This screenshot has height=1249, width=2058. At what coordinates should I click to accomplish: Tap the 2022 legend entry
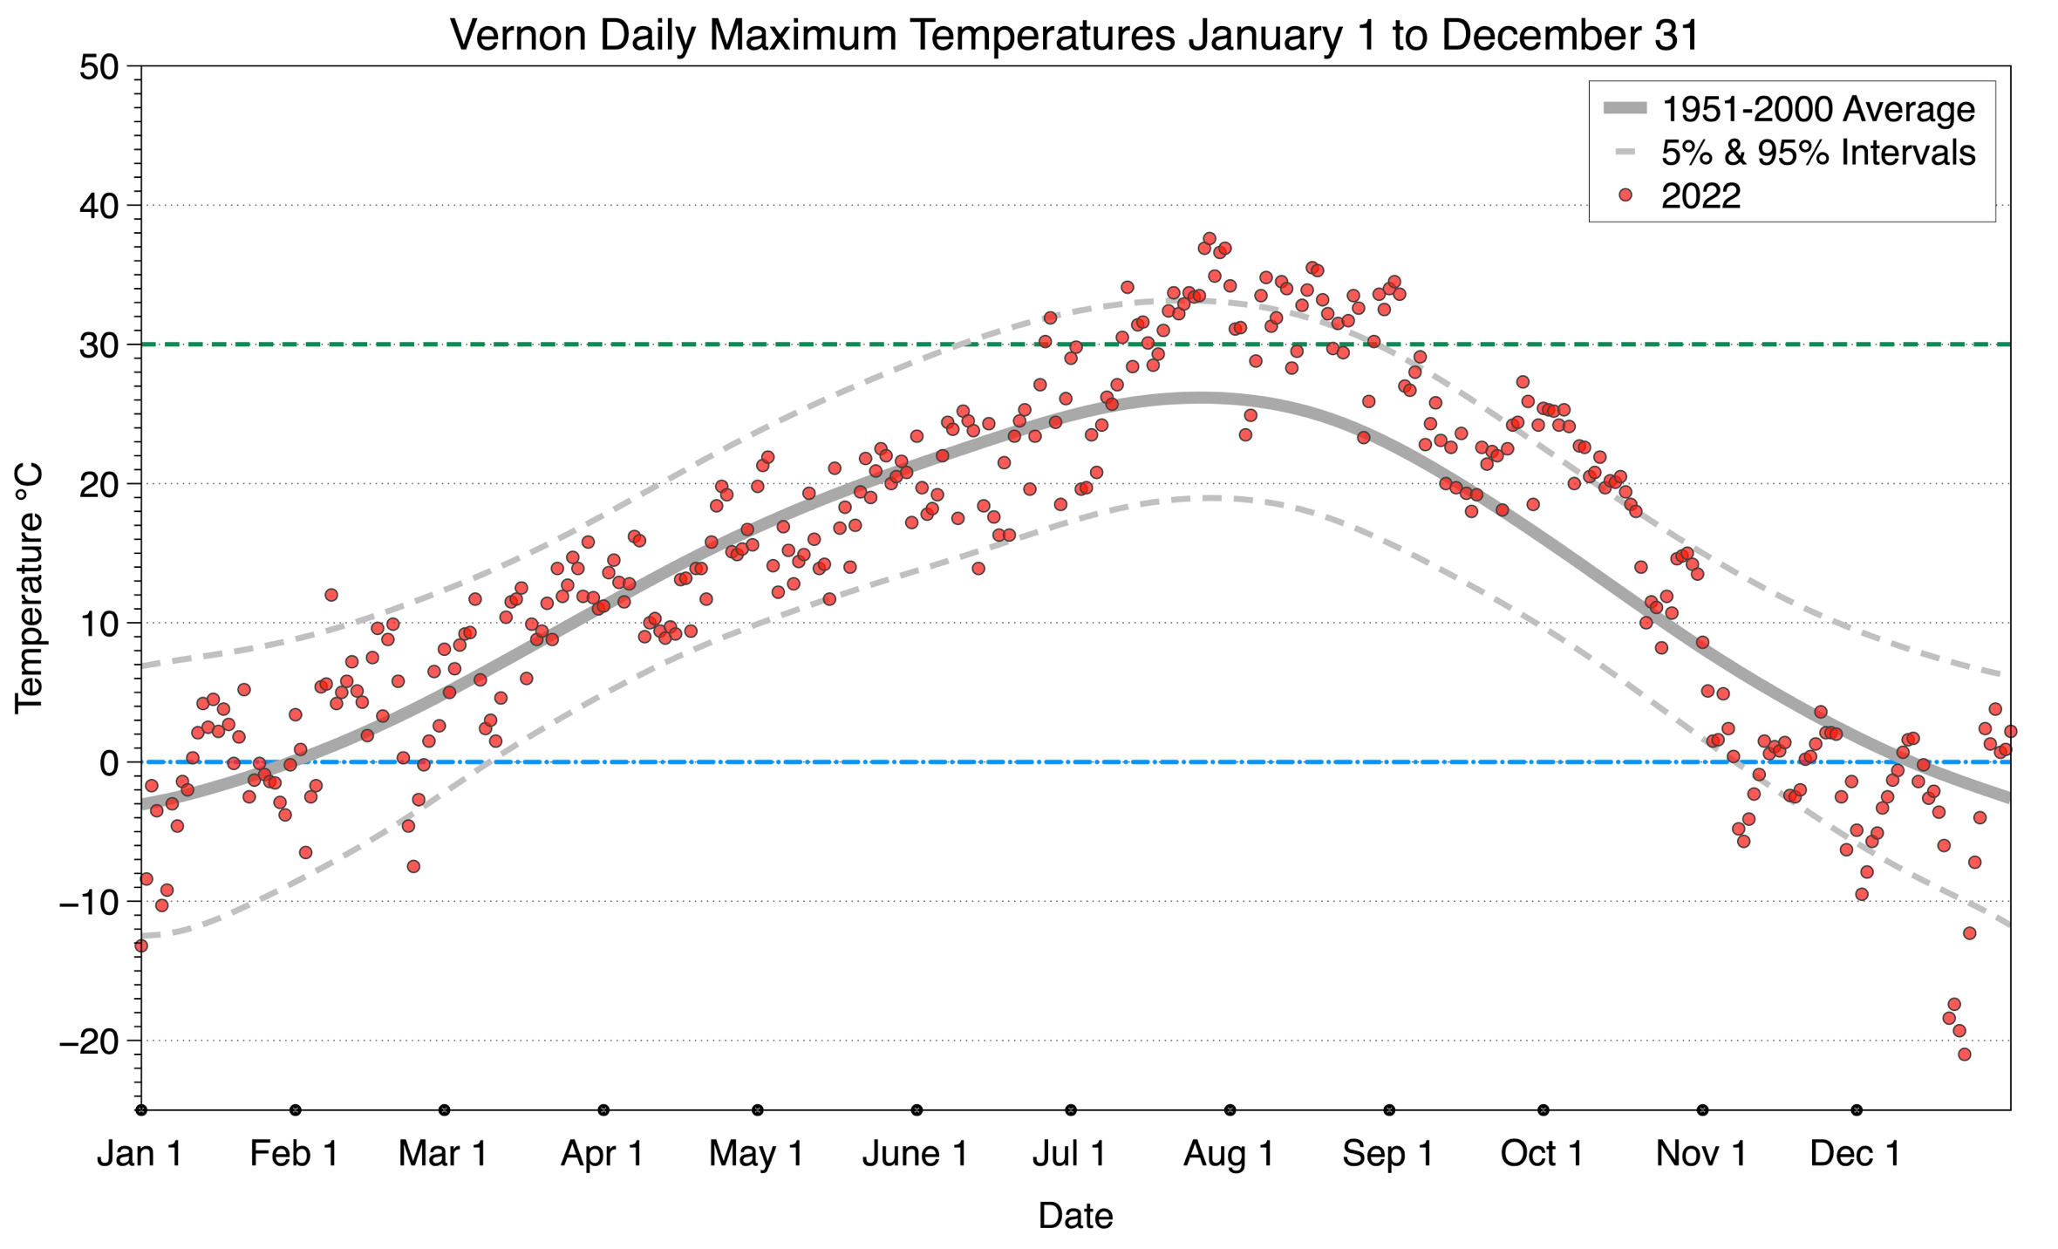click(1700, 196)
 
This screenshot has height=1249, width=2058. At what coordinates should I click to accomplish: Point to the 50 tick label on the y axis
click(99, 67)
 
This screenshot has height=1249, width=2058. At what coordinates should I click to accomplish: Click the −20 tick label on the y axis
click(88, 1041)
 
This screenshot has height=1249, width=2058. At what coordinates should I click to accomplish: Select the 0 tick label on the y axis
click(109, 763)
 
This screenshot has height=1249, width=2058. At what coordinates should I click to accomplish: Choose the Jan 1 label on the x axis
click(140, 1154)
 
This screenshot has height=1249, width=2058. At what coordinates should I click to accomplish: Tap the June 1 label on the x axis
click(915, 1154)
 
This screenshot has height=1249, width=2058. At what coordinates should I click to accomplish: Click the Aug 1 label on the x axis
click(1228, 1154)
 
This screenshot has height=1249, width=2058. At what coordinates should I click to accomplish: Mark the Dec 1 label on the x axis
click(1855, 1154)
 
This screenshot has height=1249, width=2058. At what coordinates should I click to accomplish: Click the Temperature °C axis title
click(29, 589)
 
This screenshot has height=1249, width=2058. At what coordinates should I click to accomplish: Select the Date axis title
click(1075, 1216)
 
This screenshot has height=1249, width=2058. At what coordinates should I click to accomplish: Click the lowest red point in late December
click(1964, 1054)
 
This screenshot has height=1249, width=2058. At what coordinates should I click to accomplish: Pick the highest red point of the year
click(1210, 238)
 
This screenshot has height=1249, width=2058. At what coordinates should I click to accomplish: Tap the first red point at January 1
click(141, 945)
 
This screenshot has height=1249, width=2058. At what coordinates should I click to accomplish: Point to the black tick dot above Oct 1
click(1543, 1110)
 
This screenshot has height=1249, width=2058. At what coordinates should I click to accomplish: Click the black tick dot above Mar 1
click(445, 1110)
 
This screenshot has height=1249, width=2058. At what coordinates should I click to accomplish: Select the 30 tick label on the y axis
click(99, 345)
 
